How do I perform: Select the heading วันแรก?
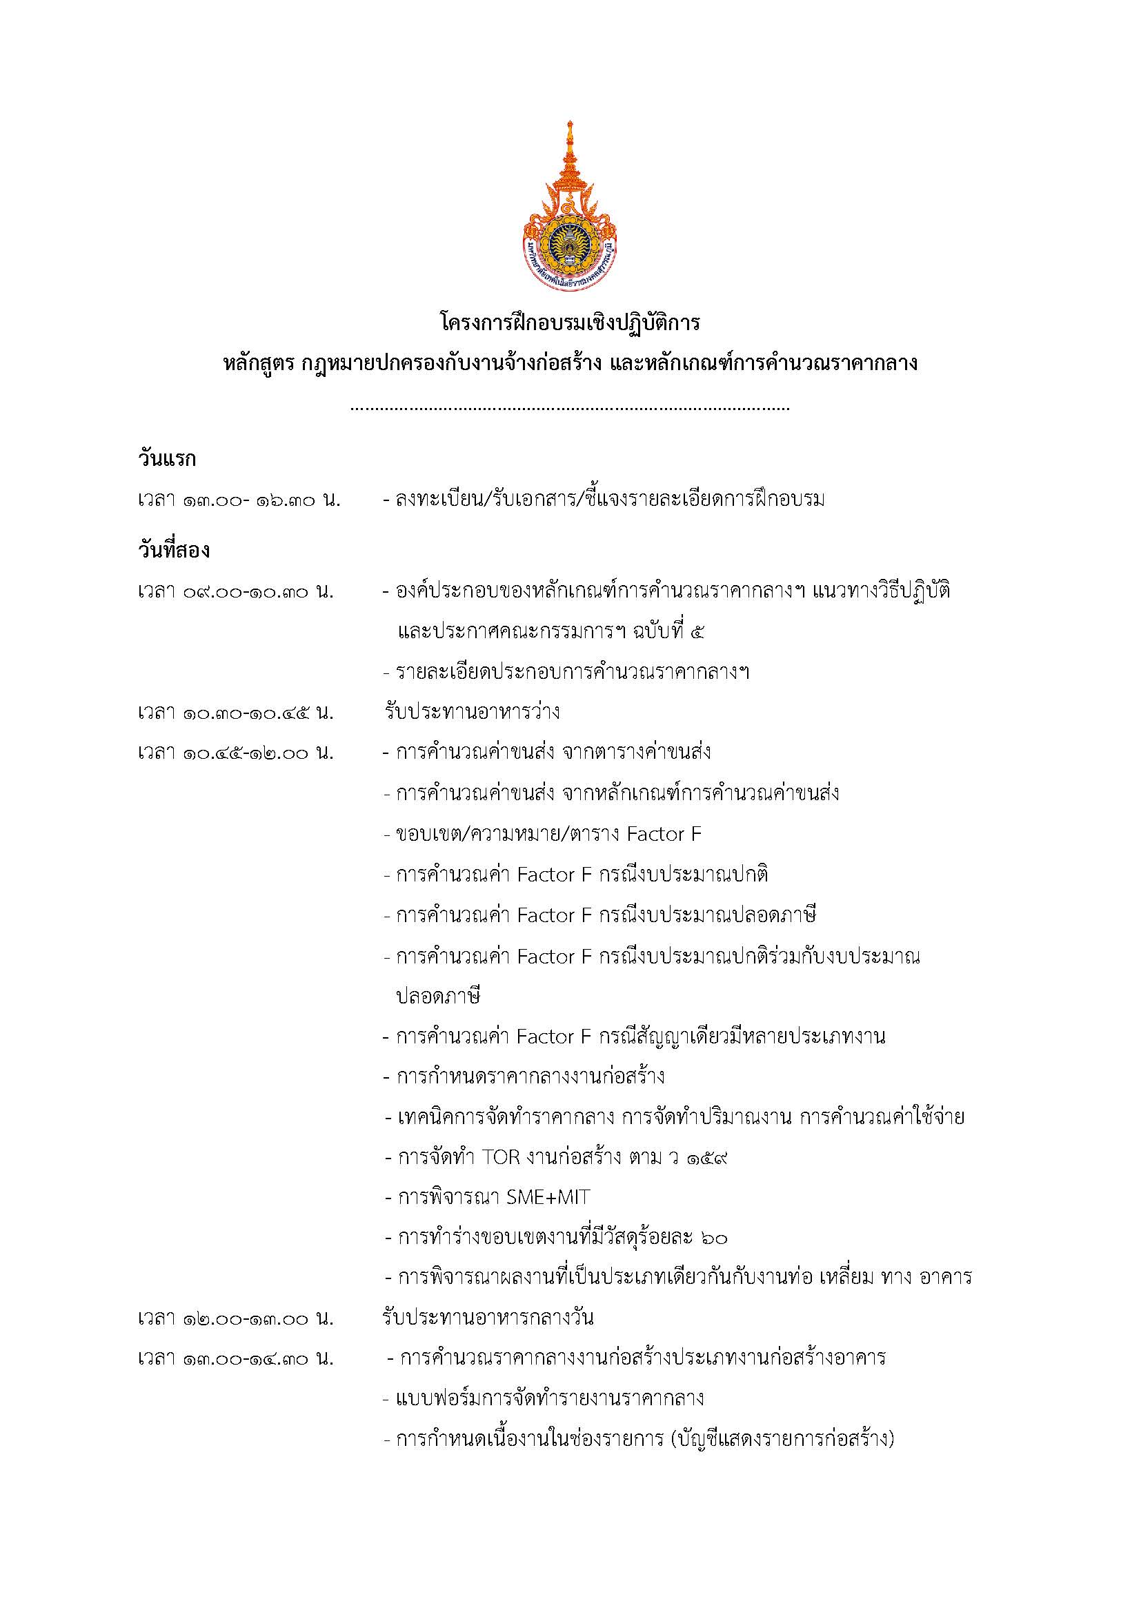[x=166, y=460]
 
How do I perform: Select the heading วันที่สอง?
[x=174, y=551]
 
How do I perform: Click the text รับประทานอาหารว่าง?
[x=471, y=713]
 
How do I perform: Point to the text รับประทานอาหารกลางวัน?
[x=488, y=1318]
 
